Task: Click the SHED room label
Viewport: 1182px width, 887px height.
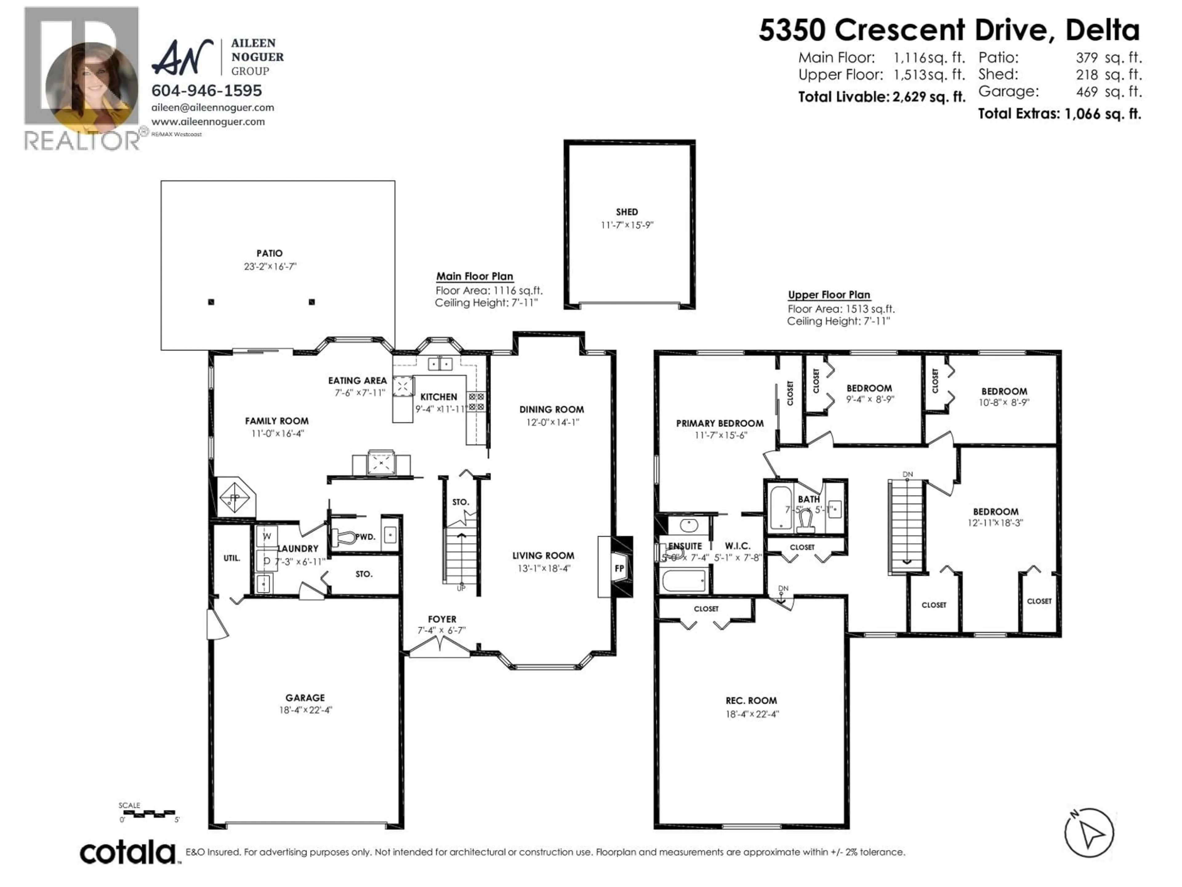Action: click(x=627, y=212)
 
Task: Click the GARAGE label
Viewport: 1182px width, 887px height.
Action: click(x=305, y=698)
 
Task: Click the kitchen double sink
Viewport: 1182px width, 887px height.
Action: click(x=440, y=364)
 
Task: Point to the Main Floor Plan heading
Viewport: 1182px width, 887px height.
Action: click(x=475, y=277)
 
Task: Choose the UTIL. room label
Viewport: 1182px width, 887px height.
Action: click(x=231, y=558)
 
